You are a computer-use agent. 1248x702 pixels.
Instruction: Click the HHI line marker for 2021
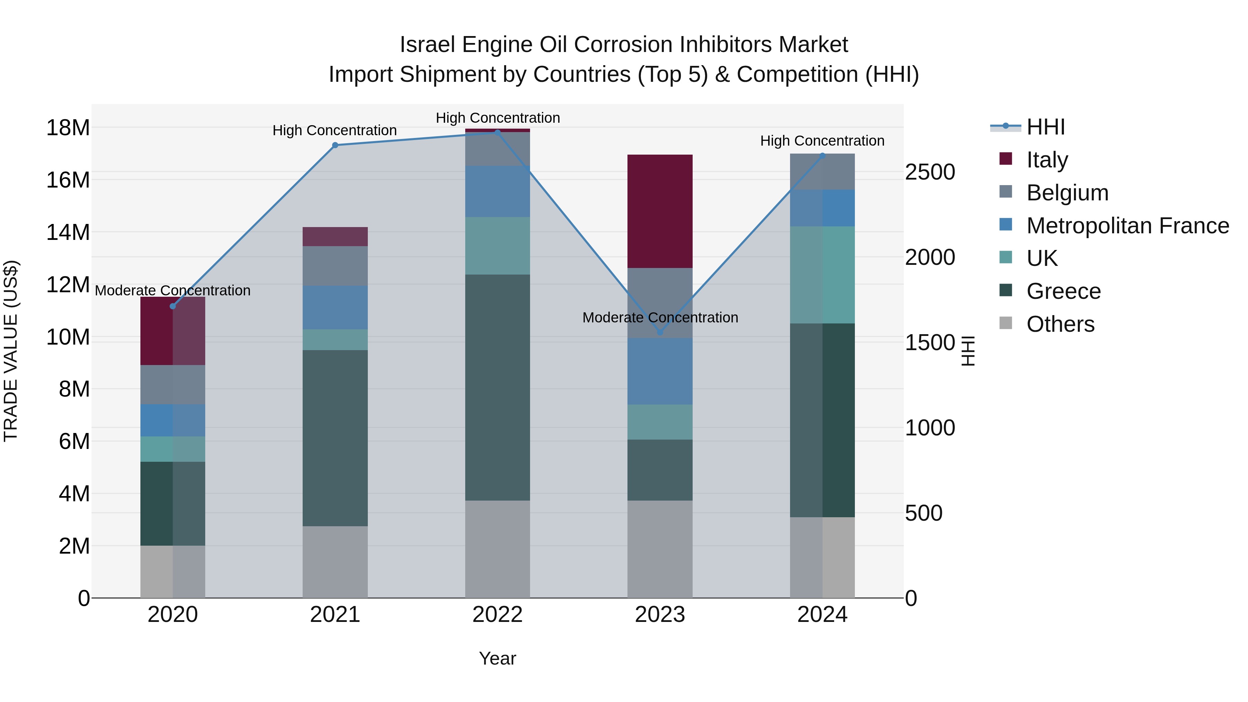click(335, 145)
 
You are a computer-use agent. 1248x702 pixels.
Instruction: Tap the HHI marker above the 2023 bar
click(659, 332)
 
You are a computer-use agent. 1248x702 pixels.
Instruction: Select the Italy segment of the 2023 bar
click(659, 211)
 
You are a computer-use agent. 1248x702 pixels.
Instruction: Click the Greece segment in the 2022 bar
click(497, 388)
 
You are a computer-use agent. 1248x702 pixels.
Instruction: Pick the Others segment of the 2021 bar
click(335, 562)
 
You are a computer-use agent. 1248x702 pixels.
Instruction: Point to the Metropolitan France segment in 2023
click(659, 371)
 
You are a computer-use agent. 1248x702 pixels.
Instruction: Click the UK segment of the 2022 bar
click(497, 246)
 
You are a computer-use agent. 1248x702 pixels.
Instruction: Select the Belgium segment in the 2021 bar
click(335, 266)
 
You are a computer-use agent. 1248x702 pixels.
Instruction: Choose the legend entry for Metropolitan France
click(1127, 226)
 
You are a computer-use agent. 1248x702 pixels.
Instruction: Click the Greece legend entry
click(1064, 291)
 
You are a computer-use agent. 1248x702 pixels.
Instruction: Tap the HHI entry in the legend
click(1046, 127)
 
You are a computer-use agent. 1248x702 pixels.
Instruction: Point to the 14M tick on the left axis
click(68, 232)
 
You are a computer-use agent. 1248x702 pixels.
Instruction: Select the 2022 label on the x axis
click(497, 615)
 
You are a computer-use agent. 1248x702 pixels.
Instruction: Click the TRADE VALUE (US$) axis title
click(11, 351)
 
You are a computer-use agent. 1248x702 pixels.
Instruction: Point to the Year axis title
click(497, 658)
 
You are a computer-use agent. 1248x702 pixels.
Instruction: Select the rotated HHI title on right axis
click(968, 351)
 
